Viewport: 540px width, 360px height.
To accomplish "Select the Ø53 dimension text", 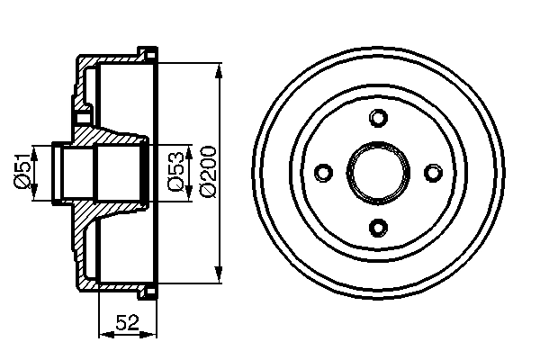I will (x=176, y=171).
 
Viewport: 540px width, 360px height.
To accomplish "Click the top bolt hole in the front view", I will (x=378, y=118).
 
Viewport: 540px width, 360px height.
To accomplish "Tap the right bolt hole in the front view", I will (x=432, y=172).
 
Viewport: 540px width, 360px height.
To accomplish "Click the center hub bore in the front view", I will (x=378, y=172).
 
